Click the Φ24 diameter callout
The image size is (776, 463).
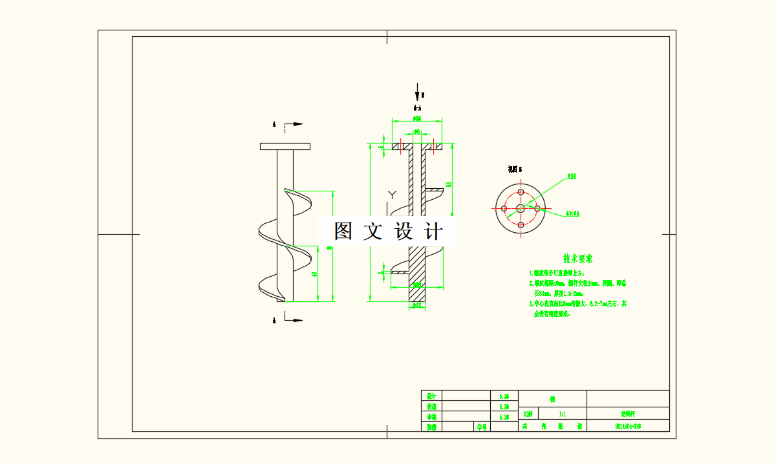point(572,176)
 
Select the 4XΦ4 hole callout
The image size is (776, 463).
point(572,213)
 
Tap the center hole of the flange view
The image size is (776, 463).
point(521,208)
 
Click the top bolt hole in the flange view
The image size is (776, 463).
point(521,192)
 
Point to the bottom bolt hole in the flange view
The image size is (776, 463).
point(521,224)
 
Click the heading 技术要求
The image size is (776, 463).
point(577,259)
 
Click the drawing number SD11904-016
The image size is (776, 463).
point(628,426)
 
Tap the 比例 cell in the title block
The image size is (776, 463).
point(528,413)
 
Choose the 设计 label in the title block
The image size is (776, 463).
point(431,396)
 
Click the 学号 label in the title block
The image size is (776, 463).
point(482,427)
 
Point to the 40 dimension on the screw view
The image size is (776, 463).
point(315,274)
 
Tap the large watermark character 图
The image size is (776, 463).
point(343,231)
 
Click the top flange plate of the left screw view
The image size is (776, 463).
point(285,146)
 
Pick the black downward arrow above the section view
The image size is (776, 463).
point(418,91)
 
